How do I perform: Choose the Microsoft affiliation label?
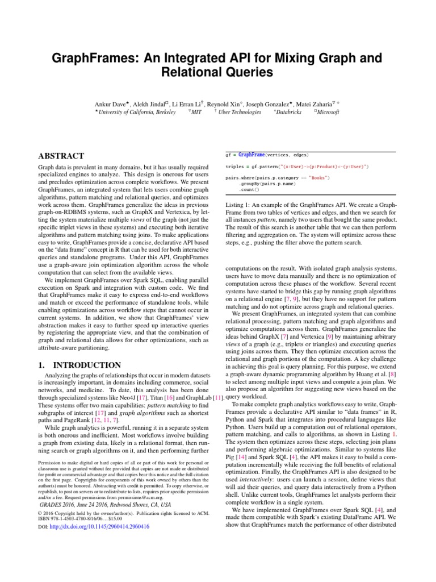tap(327, 113)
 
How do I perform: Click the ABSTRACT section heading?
tap(61, 156)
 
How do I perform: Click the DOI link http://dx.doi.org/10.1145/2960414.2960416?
tap(99, 527)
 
